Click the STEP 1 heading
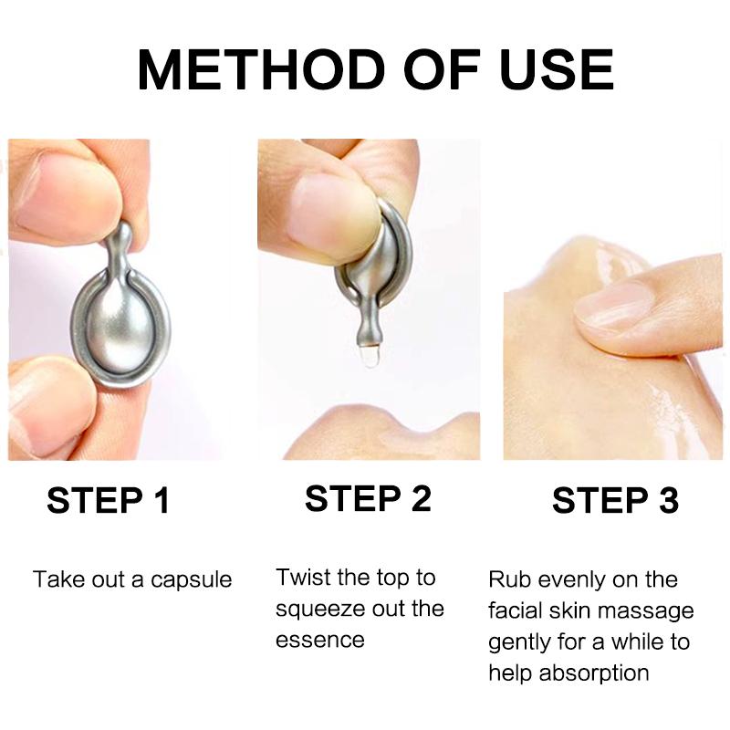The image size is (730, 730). tap(109, 501)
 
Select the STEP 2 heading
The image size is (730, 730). tap(368, 499)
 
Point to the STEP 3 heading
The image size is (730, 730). tap(616, 501)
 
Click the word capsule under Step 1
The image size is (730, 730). tap(188, 580)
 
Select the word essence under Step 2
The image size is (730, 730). tap(319, 640)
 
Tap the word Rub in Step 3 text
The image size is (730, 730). tap(508, 580)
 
